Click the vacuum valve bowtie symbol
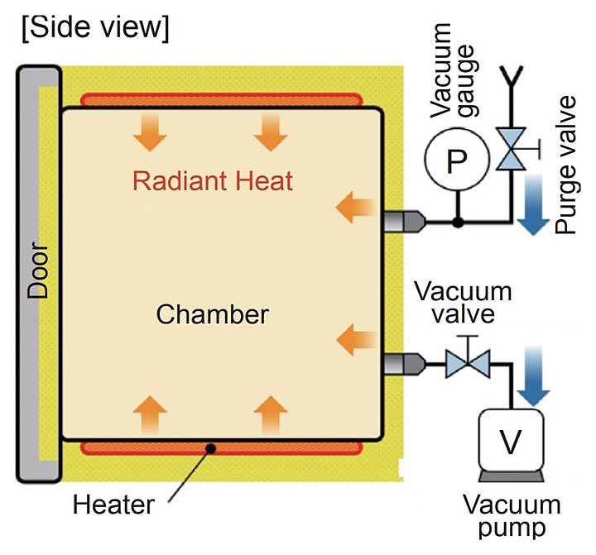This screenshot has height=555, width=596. coord(464,363)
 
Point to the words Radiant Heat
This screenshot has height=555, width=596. coord(214,180)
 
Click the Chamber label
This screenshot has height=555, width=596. coord(213,315)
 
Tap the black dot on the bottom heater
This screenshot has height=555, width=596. coord(212,447)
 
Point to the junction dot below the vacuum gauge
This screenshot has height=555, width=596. coord(458,222)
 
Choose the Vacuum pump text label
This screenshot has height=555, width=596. coord(512,517)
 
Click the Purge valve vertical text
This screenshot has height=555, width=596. coord(566,165)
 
